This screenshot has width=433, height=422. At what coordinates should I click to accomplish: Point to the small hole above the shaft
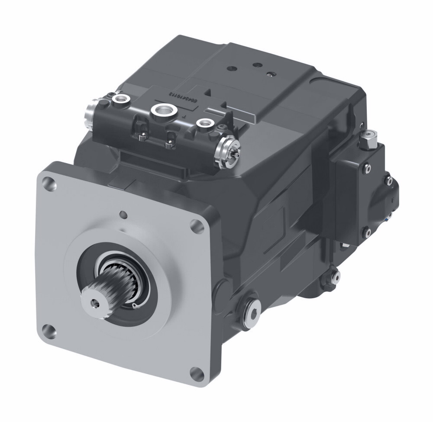click(x=124, y=214)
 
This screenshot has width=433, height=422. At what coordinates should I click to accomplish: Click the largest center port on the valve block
click(x=163, y=110)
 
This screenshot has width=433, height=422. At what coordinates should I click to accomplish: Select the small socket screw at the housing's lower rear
click(x=334, y=276)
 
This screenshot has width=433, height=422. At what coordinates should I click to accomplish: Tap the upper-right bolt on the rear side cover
click(x=389, y=182)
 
